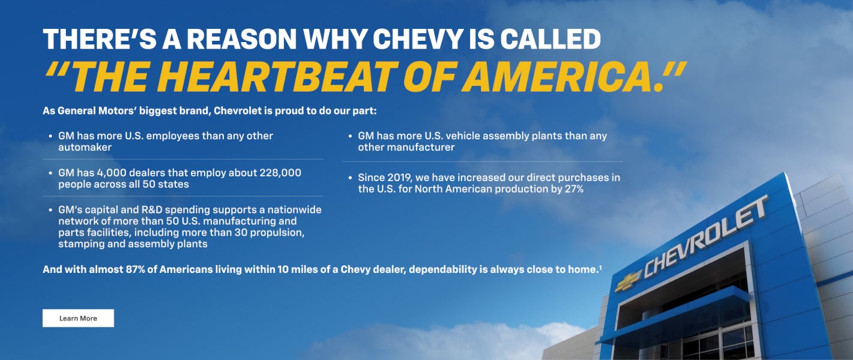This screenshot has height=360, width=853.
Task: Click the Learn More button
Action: [x=78, y=318]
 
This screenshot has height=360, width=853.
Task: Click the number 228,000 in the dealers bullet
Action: [x=280, y=173]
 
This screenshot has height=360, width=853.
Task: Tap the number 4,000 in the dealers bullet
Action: [x=110, y=173]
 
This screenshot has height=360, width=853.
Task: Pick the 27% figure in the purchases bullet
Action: [x=573, y=189]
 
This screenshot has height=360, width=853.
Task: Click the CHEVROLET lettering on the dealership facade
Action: [x=706, y=236]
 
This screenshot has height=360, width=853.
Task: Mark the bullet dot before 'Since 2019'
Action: [x=351, y=178]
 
